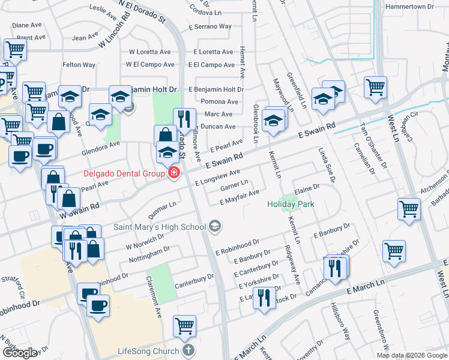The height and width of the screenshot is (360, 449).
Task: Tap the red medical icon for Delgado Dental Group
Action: tap(174, 173)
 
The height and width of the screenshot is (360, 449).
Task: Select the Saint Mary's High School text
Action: tap(160, 227)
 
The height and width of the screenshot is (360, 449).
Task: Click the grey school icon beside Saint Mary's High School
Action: tap(215, 226)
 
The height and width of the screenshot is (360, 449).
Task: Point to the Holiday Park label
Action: tap(291, 205)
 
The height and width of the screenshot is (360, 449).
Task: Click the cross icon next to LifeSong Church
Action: tap(188, 350)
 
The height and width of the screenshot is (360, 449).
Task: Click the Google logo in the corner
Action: tap(20, 353)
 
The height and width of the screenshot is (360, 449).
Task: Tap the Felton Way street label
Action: tap(79, 64)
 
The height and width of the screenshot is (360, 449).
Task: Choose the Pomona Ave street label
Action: tap(219, 101)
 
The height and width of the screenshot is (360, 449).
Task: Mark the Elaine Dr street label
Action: tap(306, 188)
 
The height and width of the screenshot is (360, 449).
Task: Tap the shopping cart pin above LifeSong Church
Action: tap(185, 326)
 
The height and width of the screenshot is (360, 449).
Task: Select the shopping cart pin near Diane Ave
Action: tap(15, 49)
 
